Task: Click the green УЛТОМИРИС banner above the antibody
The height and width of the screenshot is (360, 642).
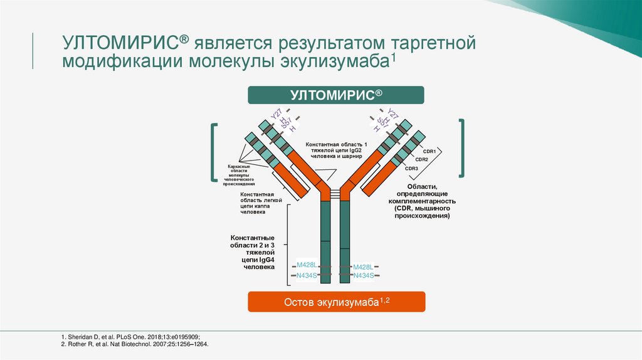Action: tap(336, 95)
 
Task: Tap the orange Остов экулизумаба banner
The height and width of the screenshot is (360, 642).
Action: tap(337, 302)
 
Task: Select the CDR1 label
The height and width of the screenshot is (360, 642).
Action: tap(429, 151)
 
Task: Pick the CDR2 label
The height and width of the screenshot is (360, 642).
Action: tap(421, 159)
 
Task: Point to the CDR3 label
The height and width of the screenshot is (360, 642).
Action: tap(411, 168)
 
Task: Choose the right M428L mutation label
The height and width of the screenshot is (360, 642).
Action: tap(363, 267)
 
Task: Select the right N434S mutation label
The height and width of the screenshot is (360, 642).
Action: tap(364, 275)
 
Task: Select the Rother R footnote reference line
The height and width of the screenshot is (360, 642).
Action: tap(135, 344)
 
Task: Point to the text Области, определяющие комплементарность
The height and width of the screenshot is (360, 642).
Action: tap(421, 201)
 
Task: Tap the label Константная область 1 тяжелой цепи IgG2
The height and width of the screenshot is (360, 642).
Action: tap(336, 151)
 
